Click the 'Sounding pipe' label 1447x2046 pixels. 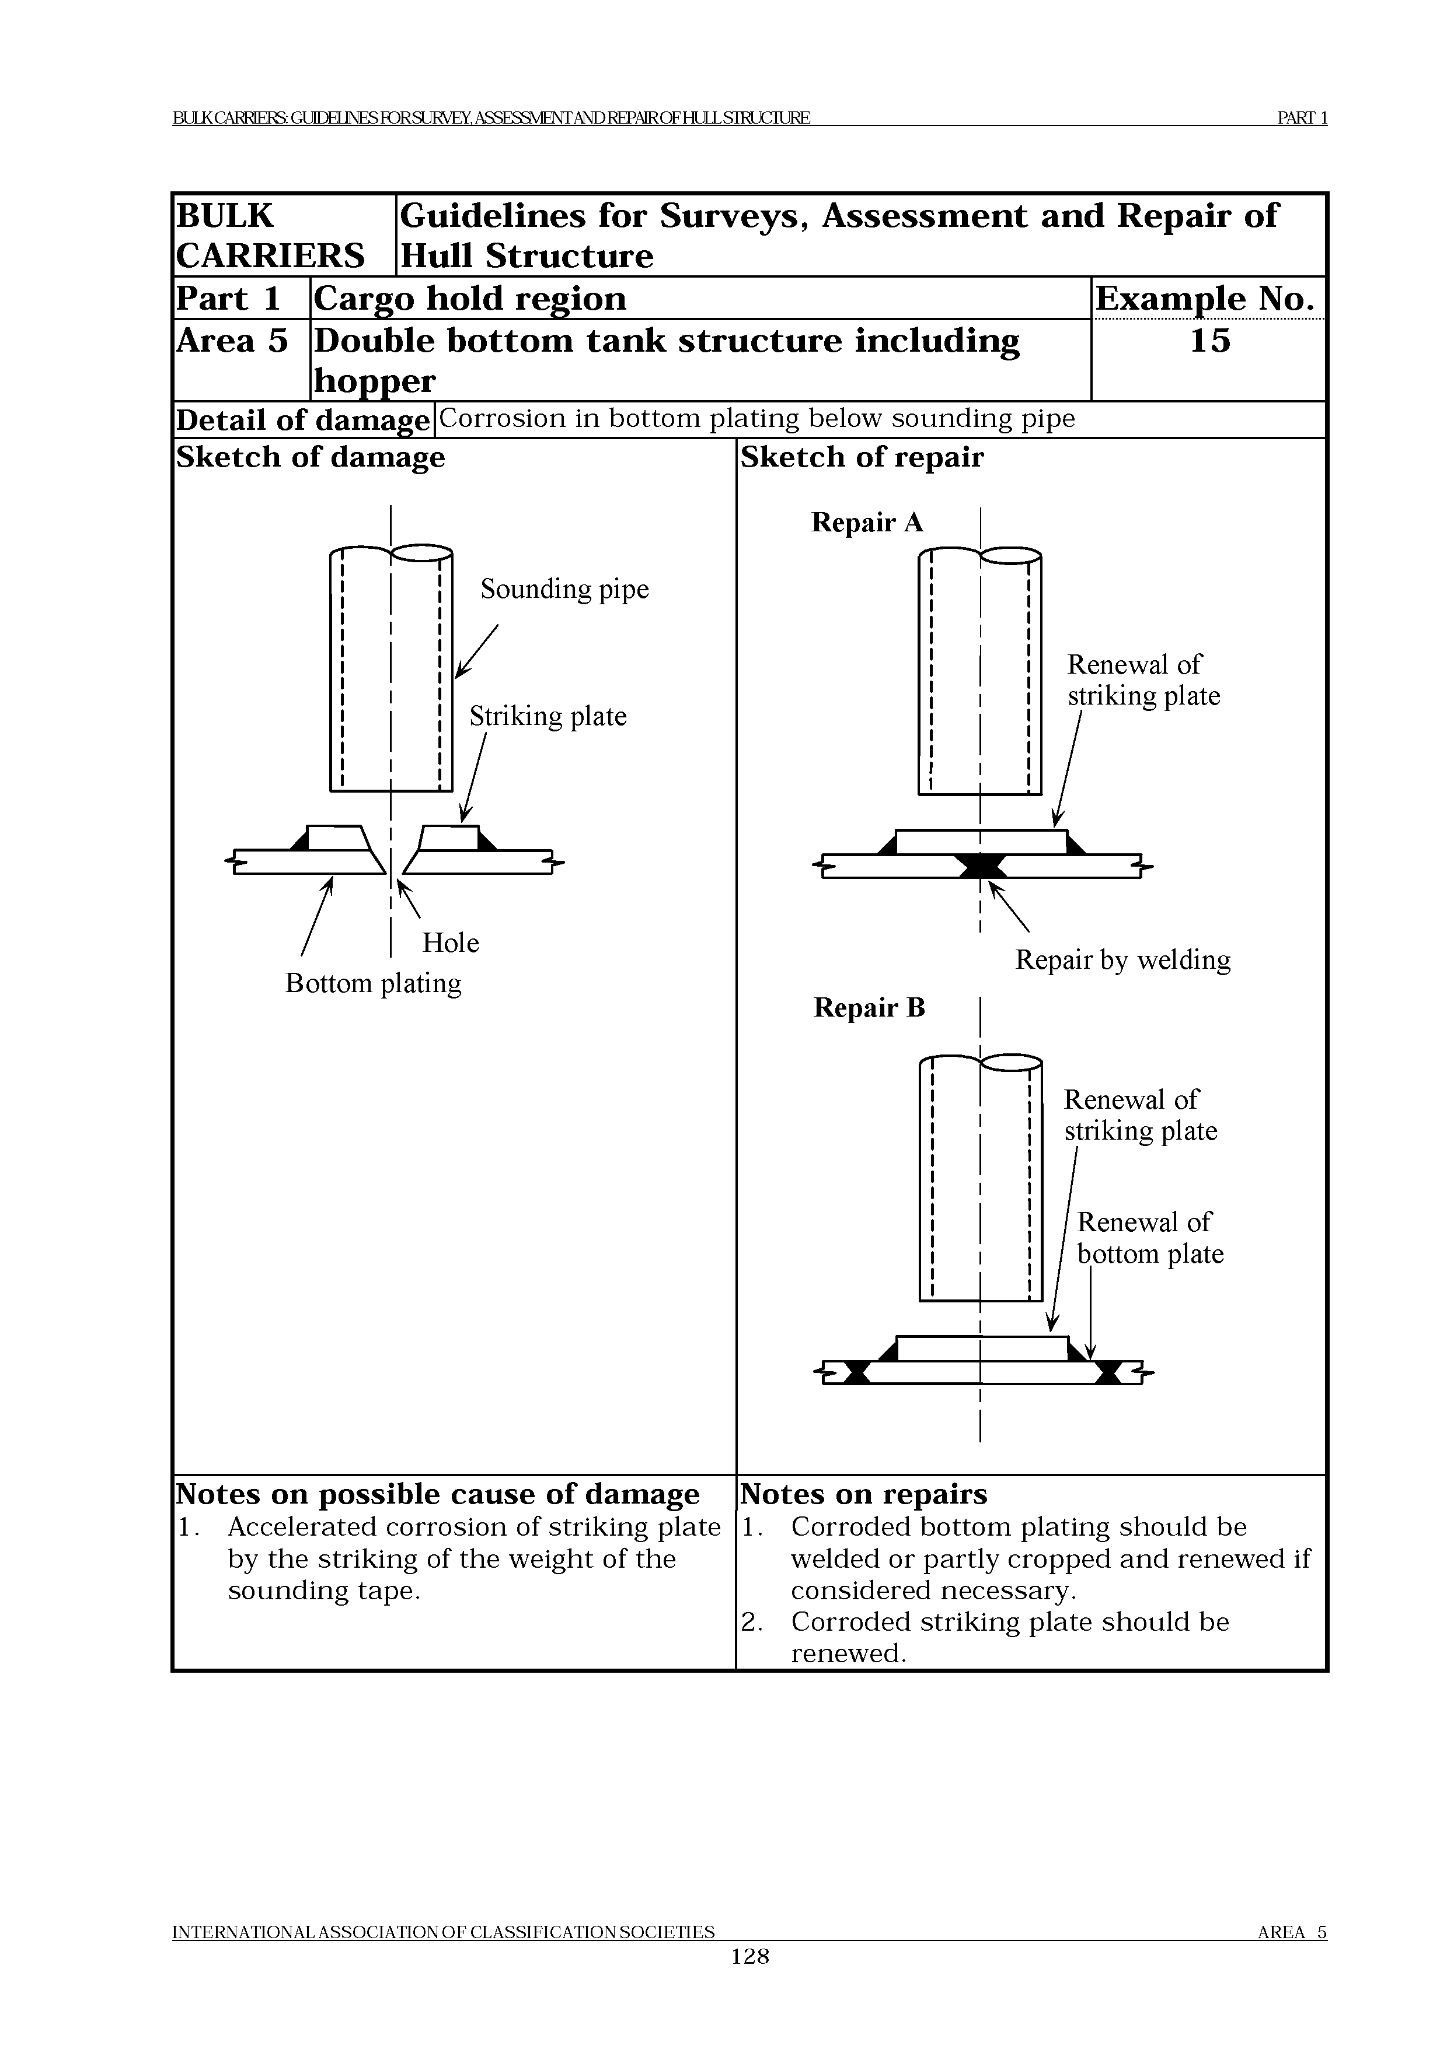point(564,589)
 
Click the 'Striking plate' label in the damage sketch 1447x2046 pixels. point(548,716)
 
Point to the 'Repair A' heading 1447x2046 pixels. point(867,522)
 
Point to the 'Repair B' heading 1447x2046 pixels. point(869,1008)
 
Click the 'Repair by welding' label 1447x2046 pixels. point(1122,960)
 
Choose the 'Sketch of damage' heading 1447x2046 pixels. point(311,457)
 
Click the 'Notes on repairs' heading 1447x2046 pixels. point(863,1494)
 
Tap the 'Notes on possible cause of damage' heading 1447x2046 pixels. point(438,1494)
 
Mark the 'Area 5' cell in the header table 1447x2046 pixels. point(233,341)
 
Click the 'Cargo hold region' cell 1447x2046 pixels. point(470,299)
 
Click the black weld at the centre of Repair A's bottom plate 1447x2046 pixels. point(981,866)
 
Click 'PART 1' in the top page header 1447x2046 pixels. point(1302,118)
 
